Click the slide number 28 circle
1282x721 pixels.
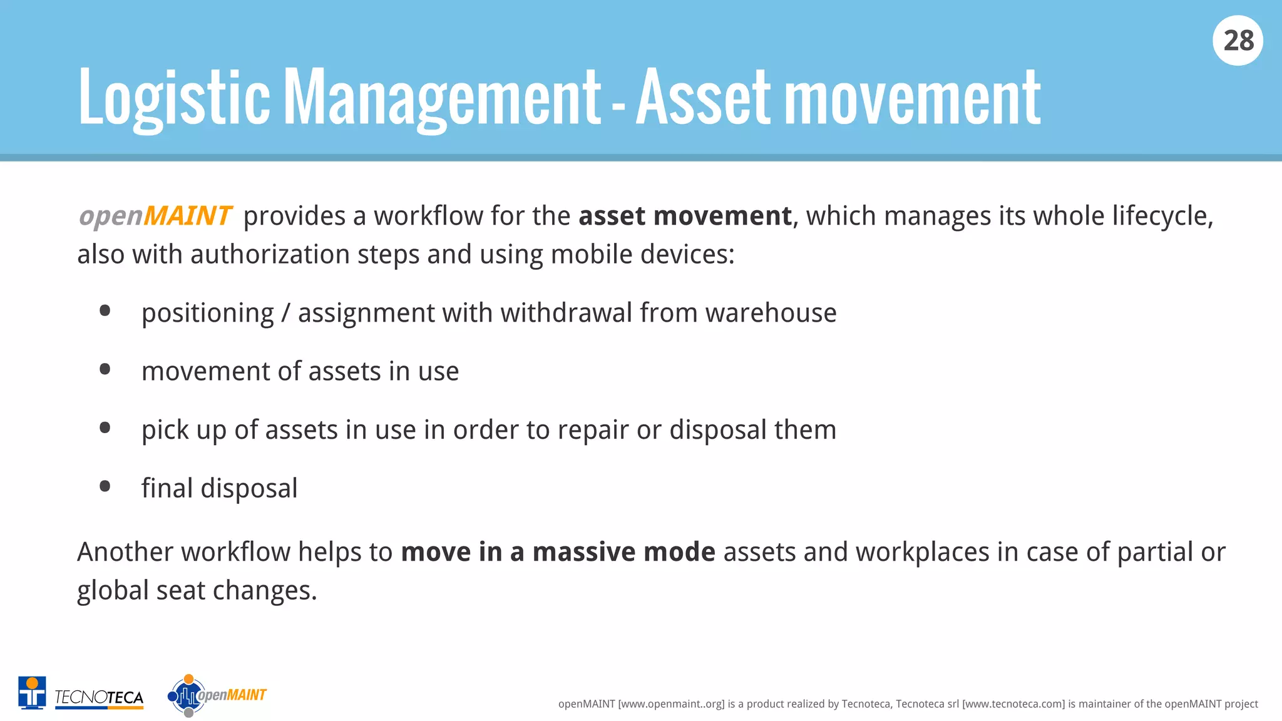(x=1238, y=41)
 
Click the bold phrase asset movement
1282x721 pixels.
(x=685, y=216)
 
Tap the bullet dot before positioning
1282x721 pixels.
(x=105, y=311)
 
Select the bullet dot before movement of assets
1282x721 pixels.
(x=105, y=369)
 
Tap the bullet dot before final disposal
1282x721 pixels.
(x=105, y=486)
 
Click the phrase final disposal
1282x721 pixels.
(x=219, y=489)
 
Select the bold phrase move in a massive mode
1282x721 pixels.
(x=558, y=552)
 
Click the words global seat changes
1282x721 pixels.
(x=197, y=591)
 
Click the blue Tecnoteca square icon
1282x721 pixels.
(x=32, y=693)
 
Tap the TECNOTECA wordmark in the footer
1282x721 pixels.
(x=99, y=697)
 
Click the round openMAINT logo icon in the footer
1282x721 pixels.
(x=187, y=695)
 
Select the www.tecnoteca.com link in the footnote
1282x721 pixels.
(x=1013, y=704)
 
